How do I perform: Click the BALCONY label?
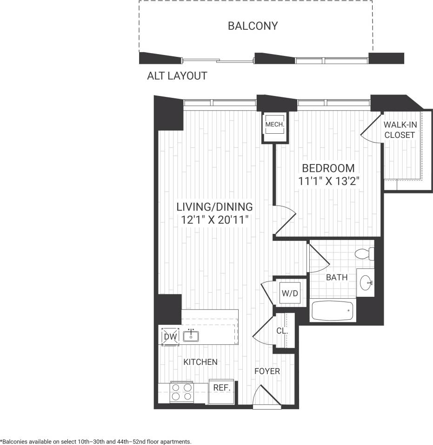coord(253,26)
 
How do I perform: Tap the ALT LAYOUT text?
coord(177,76)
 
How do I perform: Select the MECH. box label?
coord(274,125)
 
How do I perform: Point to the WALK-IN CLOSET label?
coord(399,130)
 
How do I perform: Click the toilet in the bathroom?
coord(364,254)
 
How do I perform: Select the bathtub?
coord(333,311)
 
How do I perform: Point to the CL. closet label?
coord(282,331)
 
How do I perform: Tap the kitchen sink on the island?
coord(191,335)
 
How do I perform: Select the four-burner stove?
coord(182,391)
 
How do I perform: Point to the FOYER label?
coord(267,371)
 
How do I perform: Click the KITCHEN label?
coord(200,362)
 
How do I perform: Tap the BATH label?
coord(337,278)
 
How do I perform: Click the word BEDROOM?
coord(328,168)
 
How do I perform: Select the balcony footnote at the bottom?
coord(96,441)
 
